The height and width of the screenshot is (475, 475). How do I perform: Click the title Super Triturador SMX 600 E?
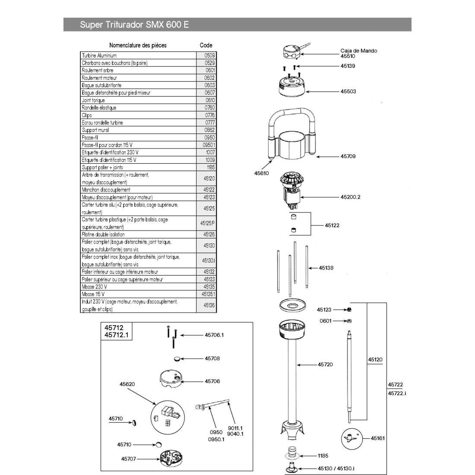pyautogui.click(x=134, y=25)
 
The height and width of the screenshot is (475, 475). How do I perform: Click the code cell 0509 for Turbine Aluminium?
pyautogui.click(x=209, y=55)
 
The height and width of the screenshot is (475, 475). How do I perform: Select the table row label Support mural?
pyautogui.click(x=95, y=130)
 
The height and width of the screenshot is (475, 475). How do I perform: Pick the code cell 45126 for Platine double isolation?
pyautogui.click(x=209, y=234)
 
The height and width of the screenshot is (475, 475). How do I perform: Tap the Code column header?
pyautogui.click(x=206, y=45)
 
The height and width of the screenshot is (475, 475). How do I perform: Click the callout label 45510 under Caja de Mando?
pyautogui.click(x=348, y=56)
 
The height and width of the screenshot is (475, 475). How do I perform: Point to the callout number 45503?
pyautogui.click(x=348, y=92)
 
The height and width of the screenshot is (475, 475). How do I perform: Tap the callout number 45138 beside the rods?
pyautogui.click(x=326, y=268)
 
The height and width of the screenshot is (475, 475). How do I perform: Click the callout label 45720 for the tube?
pyautogui.click(x=325, y=364)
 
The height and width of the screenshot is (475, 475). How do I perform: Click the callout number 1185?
pyautogui.click(x=323, y=456)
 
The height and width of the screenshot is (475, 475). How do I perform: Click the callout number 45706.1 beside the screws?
pyautogui.click(x=215, y=335)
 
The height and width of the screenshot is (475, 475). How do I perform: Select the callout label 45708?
pyautogui.click(x=212, y=358)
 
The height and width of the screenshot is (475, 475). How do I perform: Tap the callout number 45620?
pyautogui.click(x=128, y=383)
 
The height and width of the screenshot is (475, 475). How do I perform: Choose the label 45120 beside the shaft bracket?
pyautogui.click(x=375, y=359)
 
